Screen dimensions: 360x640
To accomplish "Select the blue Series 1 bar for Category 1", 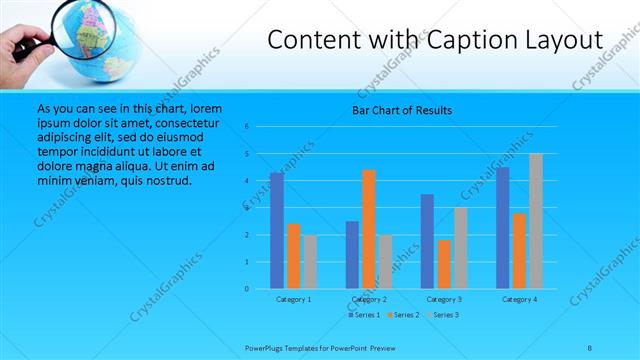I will pyautogui.click(x=277, y=231).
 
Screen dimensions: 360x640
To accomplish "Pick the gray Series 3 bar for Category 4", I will pyautogui.click(x=535, y=221).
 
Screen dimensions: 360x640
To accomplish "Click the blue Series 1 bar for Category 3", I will pyautogui.click(x=427, y=241).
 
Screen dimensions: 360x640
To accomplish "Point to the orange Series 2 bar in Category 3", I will pyautogui.click(x=444, y=264).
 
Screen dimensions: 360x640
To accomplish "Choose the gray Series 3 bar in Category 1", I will pyautogui.click(x=310, y=262).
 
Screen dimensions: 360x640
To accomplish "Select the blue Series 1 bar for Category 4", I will pyautogui.click(x=502, y=228).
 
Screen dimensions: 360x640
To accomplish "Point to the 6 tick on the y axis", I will pyautogui.click(x=261, y=127).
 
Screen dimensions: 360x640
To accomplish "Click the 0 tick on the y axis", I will pyautogui.click(x=261, y=289).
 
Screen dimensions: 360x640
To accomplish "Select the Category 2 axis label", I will pyautogui.click(x=369, y=299).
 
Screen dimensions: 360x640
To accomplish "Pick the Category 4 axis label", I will pyautogui.click(x=519, y=299).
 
